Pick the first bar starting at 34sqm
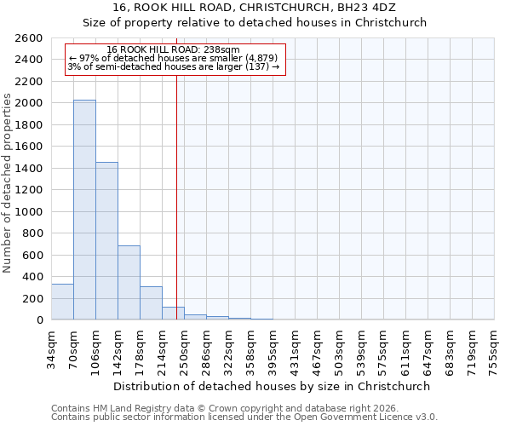click(x=62, y=302)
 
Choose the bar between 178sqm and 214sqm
click(x=151, y=303)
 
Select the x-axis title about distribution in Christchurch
click(x=273, y=387)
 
